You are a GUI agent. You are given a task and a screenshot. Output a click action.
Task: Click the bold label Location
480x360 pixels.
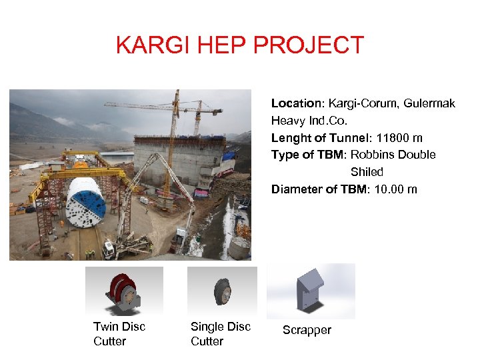click(x=296, y=103)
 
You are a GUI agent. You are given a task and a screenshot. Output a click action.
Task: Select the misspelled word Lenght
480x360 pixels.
click(x=290, y=138)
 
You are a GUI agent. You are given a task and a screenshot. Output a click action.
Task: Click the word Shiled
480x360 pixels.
click(x=367, y=172)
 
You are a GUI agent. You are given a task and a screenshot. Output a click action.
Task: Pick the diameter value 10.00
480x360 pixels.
click(x=389, y=189)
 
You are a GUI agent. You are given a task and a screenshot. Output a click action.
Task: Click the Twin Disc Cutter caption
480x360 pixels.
click(x=119, y=333)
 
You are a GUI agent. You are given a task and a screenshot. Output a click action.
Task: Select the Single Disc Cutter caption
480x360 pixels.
click(x=220, y=333)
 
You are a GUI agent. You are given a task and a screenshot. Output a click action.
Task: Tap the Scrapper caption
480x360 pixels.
click(x=307, y=330)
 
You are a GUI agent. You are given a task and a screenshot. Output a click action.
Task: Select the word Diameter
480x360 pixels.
click(x=297, y=189)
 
